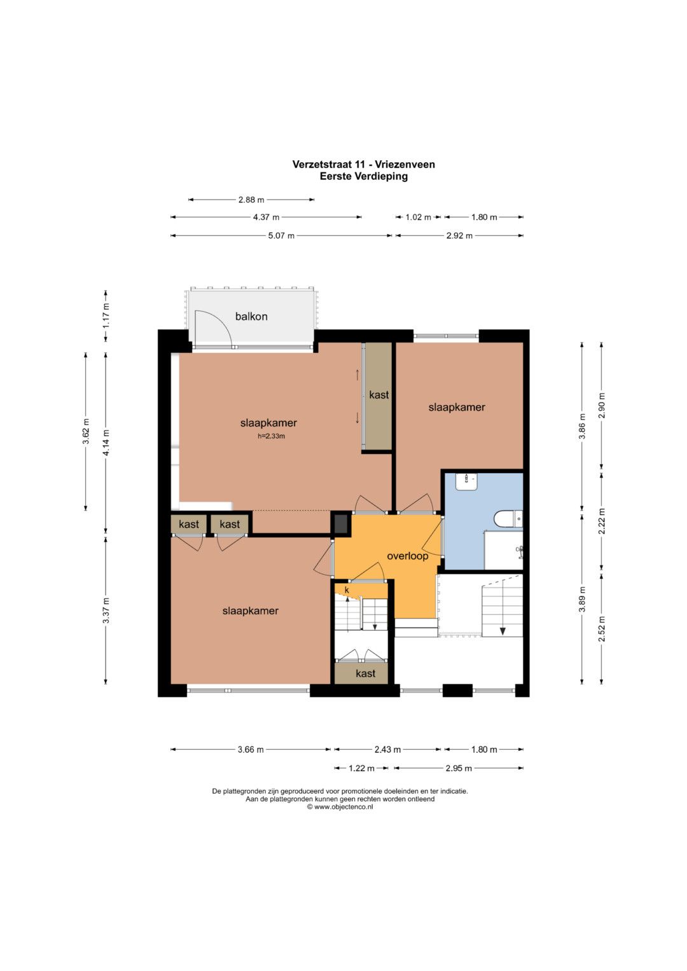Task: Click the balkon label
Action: point(251,317)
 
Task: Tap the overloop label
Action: point(407,556)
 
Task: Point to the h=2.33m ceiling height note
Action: point(271,436)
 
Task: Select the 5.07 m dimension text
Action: point(281,236)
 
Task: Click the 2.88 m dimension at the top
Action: point(251,200)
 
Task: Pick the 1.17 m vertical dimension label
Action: point(106,315)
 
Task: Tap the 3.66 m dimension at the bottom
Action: point(251,750)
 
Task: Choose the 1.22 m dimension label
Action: point(361,769)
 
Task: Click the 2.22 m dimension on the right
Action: point(602,521)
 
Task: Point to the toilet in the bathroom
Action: point(508,520)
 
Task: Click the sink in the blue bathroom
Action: point(466,481)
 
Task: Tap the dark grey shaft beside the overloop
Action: point(341,523)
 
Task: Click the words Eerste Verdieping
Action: point(363,176)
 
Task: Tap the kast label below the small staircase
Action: point(365,673)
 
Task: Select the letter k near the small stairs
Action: point(347,590)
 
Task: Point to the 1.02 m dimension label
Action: point(418,217)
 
